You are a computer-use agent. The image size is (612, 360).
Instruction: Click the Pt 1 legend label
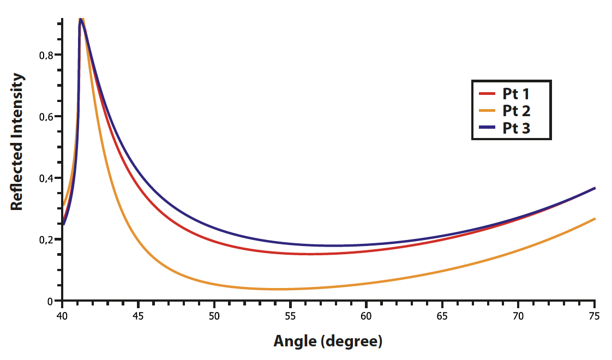click(x=516, y=93)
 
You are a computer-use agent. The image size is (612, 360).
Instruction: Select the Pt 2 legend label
click(x=516, y=111)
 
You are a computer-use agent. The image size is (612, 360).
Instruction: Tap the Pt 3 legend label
click(x=516, y=128)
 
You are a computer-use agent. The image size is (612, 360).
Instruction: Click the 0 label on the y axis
click(x=51, y=301)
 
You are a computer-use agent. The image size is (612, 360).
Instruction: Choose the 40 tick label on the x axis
click(x=62, y=316)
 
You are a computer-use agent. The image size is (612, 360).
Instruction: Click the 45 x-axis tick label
click(x=139, y=316)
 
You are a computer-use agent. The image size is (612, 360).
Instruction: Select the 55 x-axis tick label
click(x=290, y=316)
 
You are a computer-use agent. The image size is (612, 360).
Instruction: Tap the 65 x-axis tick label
click(x=442, y=316)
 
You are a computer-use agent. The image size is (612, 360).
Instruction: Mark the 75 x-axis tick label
click(x=595, y=316)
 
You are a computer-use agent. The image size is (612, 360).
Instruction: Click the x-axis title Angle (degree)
click(x=328, y=342)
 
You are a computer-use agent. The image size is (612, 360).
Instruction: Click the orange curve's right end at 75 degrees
click(x=595, y=219)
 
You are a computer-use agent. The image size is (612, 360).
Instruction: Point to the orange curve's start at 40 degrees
click(x=63, y=206)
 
